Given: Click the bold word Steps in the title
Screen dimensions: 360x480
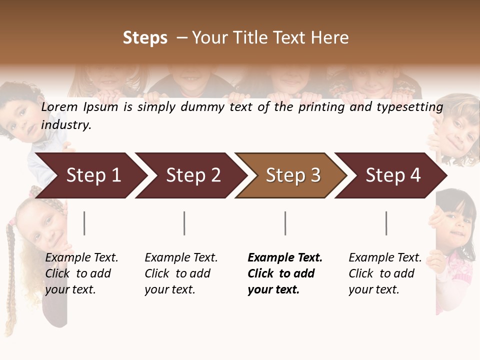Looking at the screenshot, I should pos(145,38).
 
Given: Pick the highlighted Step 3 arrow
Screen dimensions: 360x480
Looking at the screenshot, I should pos(291,175).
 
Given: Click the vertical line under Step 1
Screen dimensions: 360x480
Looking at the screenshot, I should pos(84,223).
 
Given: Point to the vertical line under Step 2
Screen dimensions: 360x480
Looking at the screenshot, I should pos(184,223).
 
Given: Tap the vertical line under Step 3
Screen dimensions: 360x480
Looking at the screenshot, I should pos(285,223).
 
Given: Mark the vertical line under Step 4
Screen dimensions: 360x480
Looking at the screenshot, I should pos(386,223).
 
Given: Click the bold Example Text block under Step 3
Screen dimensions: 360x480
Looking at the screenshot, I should pos(284,273).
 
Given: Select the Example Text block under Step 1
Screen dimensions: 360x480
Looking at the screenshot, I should pos(81,273).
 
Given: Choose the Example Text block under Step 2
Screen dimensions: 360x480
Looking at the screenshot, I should pos(180,273).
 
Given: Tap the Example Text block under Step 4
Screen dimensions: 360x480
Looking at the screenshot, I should pos(384,273).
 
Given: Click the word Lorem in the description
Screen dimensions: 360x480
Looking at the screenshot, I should pos(59,107).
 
